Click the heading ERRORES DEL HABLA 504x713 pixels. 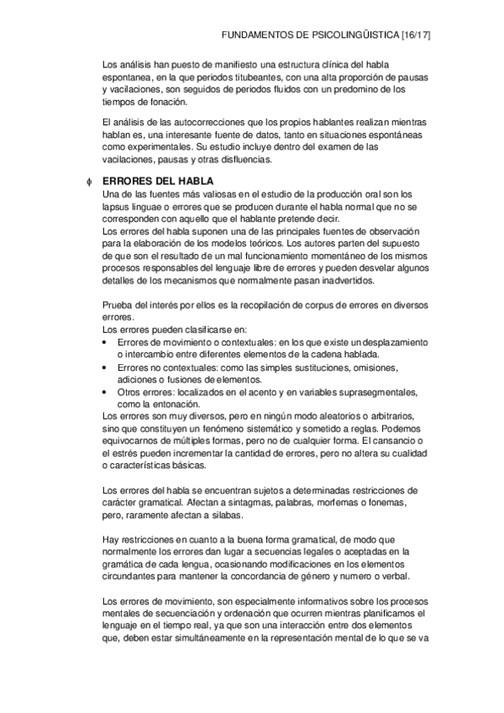click(157, 182)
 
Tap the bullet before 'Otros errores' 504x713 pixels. click(103, 393)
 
